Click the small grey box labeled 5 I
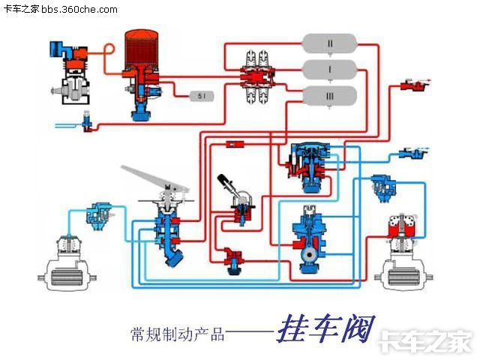pyautogui.click(x=201, y=95)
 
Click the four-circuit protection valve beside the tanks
pyautogui.click(x=259, y=75)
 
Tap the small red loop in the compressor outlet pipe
pyautogui.click(x=109, y=49)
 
